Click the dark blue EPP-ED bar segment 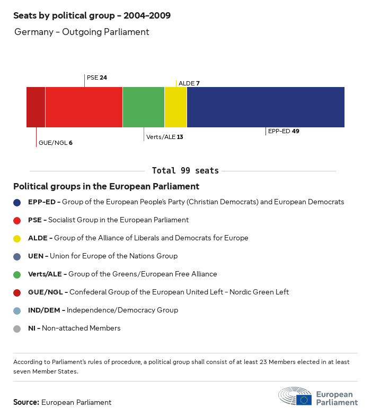[266, 107]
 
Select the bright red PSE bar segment [84, 107]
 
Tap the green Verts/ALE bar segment [143, 107]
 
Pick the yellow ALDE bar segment [175, 107]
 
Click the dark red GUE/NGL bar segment [36, 107]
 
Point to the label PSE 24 [96, 77]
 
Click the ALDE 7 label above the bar [189, 83]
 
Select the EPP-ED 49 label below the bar [284, 131]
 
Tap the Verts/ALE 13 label [164, 137]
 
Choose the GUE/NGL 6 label [55, 143]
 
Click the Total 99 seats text [185, 171]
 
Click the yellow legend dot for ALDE [17, 238]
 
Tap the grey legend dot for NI [17, 328]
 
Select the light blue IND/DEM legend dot [17, 310]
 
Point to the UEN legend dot [17, 256]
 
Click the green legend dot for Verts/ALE [17, 274]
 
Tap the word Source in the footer [26, 403]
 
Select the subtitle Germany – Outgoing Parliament [82, 32]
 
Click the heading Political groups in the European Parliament [106, 187]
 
